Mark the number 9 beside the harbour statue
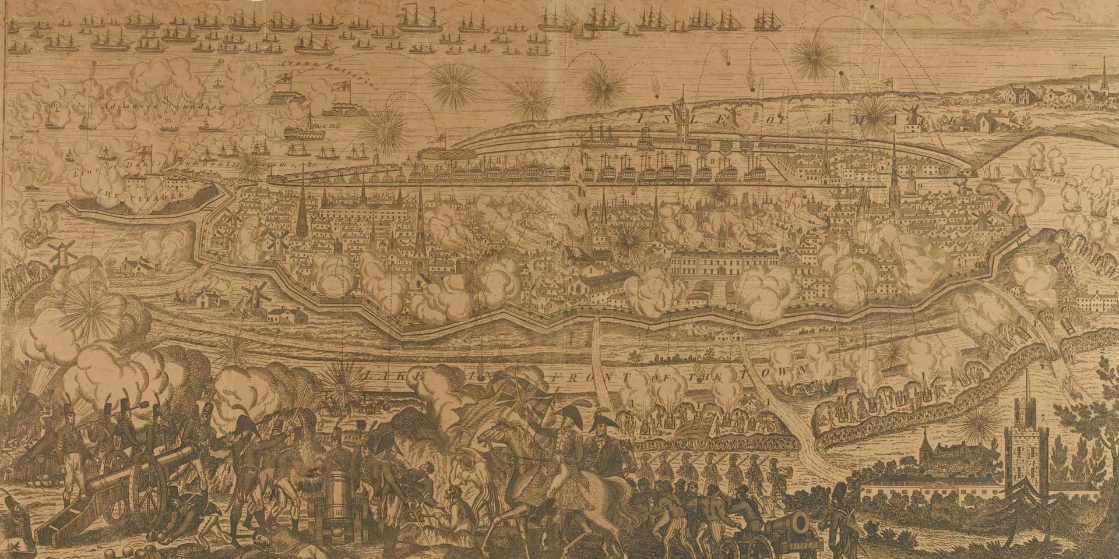(919, 186)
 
